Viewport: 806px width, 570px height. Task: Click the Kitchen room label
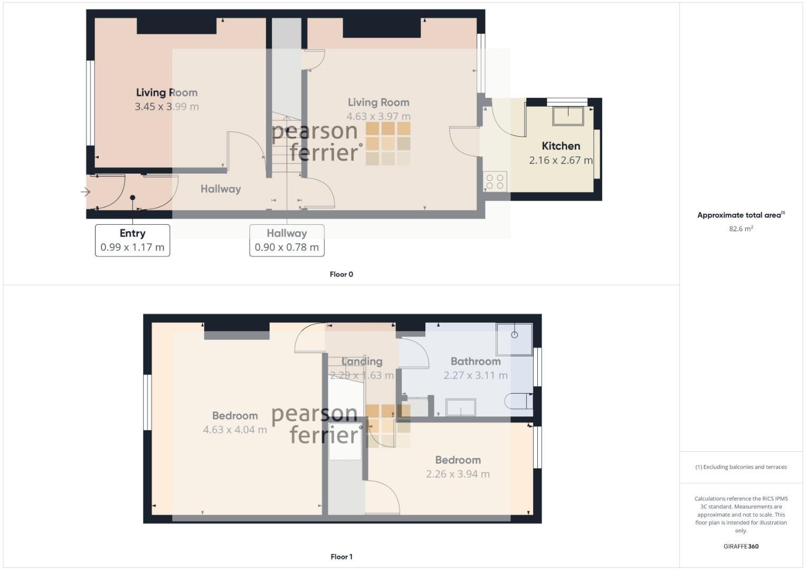(x=561, y=146)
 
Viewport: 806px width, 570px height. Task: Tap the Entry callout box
(x=132, y=240)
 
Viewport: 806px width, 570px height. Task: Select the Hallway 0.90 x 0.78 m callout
(x=287, y=240)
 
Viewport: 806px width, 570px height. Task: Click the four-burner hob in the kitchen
(x=495, y=182)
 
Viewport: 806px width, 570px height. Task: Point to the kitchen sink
(x=568, y=116)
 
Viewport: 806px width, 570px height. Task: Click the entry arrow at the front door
(x=86, y=192)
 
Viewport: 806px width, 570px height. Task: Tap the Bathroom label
(x=476, y=362)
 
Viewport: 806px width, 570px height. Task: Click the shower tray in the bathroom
(x=514, y=339)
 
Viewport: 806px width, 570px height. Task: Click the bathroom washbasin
(x=460, y=407)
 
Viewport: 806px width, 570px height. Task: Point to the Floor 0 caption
(x=342, y=274)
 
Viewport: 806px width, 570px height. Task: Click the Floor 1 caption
(x=342, y=557)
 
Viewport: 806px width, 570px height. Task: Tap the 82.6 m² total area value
(x=741, y=229)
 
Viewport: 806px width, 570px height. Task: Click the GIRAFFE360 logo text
(x=741, y=546)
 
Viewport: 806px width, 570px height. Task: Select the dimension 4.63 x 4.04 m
(x=235, y=430)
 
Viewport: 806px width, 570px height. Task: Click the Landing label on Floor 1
(x=362, y=362)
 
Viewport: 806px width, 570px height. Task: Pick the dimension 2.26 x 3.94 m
(x=458, y=474)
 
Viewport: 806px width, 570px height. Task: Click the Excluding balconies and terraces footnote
(x=741, y=467)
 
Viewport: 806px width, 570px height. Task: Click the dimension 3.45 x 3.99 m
(x=167, y=107)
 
